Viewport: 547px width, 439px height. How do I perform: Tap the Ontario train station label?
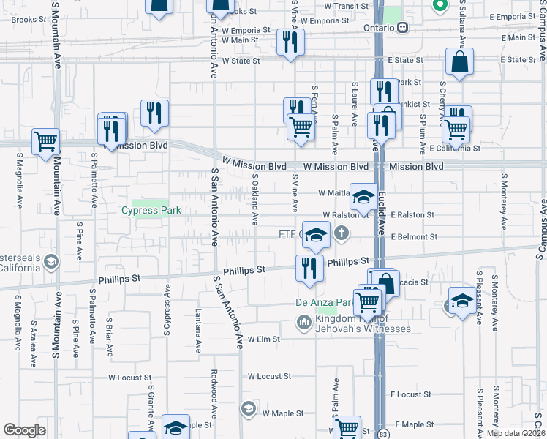tap(380, 28)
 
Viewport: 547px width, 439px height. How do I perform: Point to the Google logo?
tap(23, 430)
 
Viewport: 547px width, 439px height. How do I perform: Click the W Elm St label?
tap(264, 339)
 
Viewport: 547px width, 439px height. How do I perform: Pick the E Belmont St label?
tap(414, 237)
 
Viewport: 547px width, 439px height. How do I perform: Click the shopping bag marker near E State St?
tap(459, 64)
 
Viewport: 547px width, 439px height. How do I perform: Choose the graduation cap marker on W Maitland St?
tap(363, 196)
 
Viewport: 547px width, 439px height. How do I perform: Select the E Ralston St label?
tap(414, 215)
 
